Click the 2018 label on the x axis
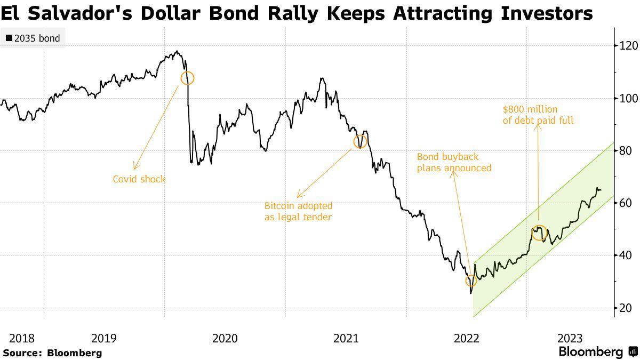click(x=22, y=338)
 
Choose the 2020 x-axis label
click(x=225, y=338)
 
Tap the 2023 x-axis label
click(x=570, y=338)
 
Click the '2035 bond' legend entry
click(x=33, y=38)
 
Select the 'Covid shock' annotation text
click(x=139, y=179)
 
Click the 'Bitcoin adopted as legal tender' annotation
click(x=298, y=211)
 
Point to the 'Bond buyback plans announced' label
click(x=454, y=163)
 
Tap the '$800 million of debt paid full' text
click(x=538, y=115)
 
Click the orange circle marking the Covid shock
click(x=188, y=78)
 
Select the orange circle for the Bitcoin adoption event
click(x=361, y=142)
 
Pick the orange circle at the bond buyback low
click(x=470, y=281)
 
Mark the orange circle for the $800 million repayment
click(x=539, y=232)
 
